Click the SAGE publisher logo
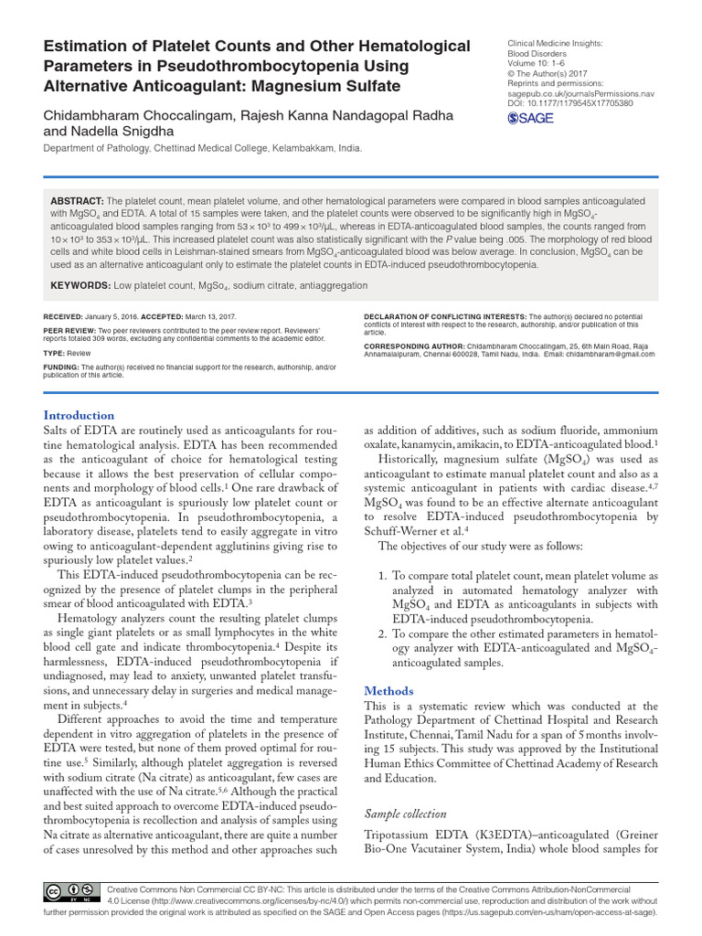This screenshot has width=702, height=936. pyautogui.click(x=530, y=118)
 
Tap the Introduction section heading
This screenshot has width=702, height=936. pyautogui.click(x=80, y=415)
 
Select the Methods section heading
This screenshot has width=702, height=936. pyautogui.click(x=388, y=691)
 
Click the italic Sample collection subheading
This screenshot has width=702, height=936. pyautogui.click(x=405, y=814)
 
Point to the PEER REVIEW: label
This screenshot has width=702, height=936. pyautogui.click(x=70, y=331)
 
